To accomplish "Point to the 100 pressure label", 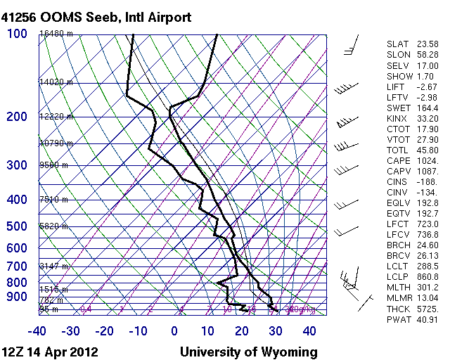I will coord(18,34).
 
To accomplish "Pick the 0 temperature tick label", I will coord(174,331).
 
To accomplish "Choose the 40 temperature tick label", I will coord(310,331).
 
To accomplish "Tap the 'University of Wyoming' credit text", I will coord(249,352).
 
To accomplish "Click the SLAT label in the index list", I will coord(397,44).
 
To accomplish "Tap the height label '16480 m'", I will coord(56,34).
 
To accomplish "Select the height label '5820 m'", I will coord(53,226).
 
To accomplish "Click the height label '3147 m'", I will coord(53,266).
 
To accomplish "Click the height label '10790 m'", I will coord(56,143).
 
